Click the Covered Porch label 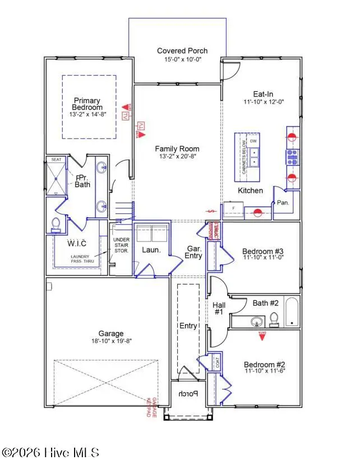pyautogui.click(x=182, y=51)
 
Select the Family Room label pyautogui.click(x=177, y=149)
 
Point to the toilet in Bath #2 pyautogui.click(x=274, y=319)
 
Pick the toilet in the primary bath pyautogui.click(x=56, y=224)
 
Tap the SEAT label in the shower pyautogui.click(x=56, y=160)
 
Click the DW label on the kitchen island pyautogui.click(x=253, y=141)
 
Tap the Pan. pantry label pyautogui.click(x=283, y=203)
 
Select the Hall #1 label pyautogui.click(x=219, y=309)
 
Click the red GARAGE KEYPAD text pyautogui.click(x=150, y=405)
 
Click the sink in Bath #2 pyautogui.click(x=256, y=322)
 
